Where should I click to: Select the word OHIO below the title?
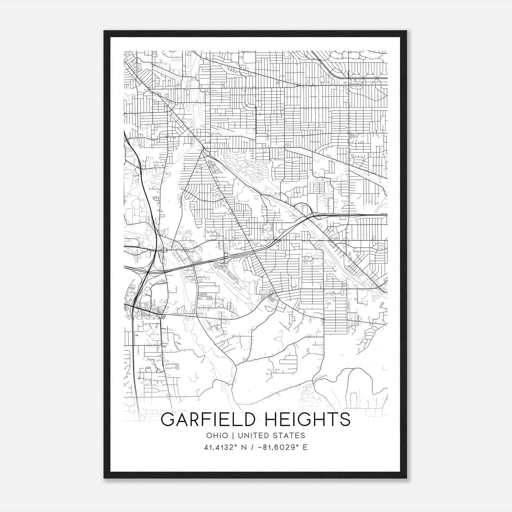(x=217, y=436)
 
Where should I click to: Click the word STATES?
(x=291, y=436)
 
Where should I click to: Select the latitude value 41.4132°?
(x=221, y=447)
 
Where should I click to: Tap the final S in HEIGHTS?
(x=345, y=420)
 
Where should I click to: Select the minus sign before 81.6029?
(x=263, y=447)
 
